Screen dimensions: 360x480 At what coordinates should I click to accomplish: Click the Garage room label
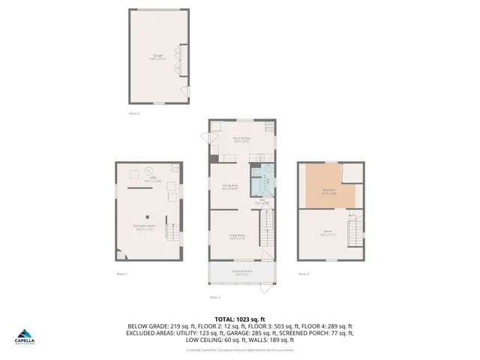point(158,56)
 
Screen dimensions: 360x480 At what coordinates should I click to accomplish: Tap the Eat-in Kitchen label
point(241,140)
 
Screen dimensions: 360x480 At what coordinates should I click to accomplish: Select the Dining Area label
point(229,187)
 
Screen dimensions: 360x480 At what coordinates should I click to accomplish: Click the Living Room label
point(238,237)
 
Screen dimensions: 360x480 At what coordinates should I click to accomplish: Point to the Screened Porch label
point(241,272)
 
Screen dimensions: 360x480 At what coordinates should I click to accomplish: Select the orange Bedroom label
point(328,192)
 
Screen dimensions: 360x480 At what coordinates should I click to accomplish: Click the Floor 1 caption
point(121,274)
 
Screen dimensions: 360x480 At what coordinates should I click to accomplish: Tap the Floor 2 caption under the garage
point(134,113)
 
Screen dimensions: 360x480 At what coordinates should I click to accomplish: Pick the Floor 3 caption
point(214,297)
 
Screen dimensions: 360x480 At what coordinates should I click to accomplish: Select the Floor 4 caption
point(303,274)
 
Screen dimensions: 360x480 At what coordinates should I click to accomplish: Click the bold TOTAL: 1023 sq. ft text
point(239,319)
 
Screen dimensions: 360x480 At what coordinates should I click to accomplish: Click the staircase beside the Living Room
point(264,225)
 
